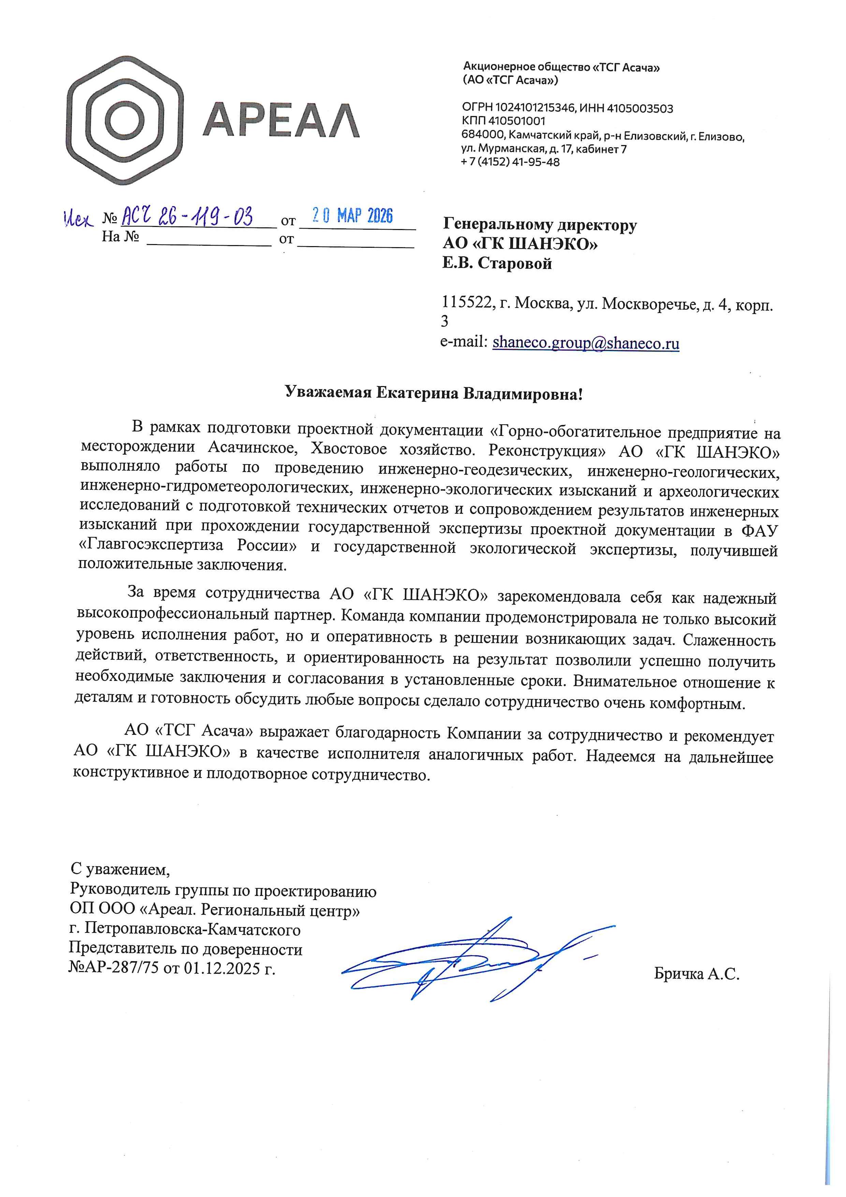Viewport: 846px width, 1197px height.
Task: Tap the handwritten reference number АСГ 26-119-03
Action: coord(188,215)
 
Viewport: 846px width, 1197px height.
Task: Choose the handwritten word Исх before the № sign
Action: coord(78,219)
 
